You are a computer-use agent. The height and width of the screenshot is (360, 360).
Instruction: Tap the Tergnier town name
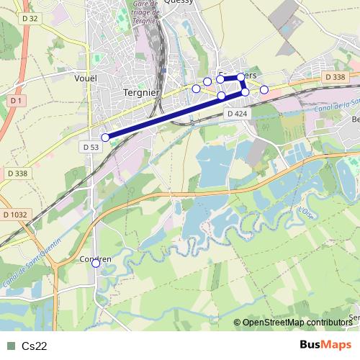point(141,92)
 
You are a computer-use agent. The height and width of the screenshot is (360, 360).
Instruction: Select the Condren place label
point(96,258)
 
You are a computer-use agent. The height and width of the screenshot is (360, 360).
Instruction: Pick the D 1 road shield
point(17,101)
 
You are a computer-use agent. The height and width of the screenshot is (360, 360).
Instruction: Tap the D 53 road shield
point(89,147)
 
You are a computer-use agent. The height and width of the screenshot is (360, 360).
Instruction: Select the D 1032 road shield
point(14,215)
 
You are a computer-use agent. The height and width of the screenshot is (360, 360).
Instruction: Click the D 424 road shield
point(236,114)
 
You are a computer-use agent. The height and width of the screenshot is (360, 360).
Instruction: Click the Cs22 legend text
point(35,346)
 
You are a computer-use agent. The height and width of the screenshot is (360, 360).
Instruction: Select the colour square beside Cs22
point(10,346)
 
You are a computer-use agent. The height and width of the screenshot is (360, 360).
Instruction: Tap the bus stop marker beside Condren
point(96,264)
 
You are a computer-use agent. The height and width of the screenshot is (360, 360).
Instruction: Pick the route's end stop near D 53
point(105,137)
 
